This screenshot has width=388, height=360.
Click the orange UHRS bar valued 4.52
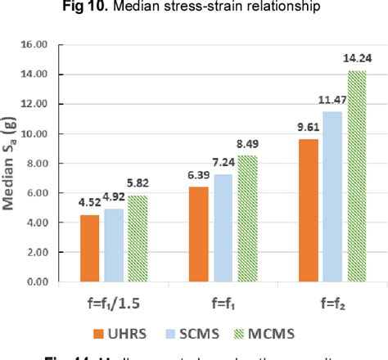click(90, 249)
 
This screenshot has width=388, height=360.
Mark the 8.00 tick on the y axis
click(56, 164)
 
